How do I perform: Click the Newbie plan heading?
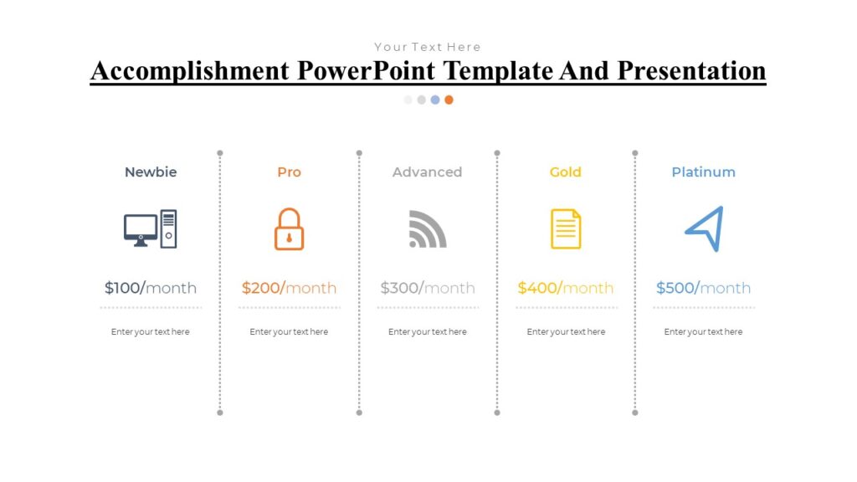[151, 172]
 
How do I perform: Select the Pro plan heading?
[289, 172]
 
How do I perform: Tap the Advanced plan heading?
[427, 172]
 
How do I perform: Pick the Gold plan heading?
[565, 172]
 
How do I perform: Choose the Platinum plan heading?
[703, 172]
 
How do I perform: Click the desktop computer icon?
[151, 228]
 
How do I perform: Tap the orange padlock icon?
[289, 229]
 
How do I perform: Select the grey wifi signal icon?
[427, 229]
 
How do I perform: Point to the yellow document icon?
[566, 229]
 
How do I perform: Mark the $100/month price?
[151, 288]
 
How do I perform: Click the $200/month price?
[289, 288]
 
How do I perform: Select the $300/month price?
[427, 288]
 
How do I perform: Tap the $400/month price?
[565, 288]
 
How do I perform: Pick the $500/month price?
[703, 288]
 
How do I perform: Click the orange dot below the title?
[449, 100]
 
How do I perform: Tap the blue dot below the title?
[435, 100]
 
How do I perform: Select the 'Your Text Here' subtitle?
[427, 47]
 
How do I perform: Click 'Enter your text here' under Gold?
[566, 332]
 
